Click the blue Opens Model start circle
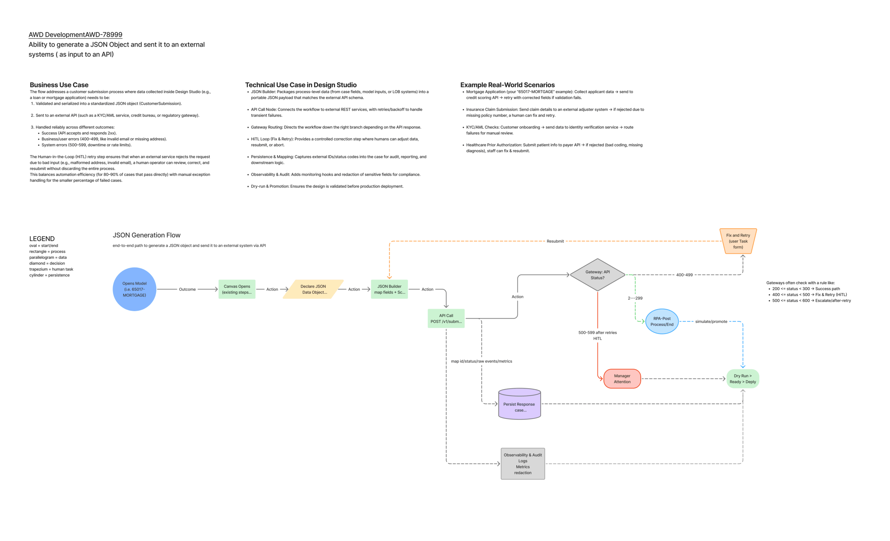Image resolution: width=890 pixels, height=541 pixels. (134, 289)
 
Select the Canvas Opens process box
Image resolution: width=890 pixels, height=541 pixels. (237, 289)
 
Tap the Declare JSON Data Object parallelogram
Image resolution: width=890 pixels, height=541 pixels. (313, 289)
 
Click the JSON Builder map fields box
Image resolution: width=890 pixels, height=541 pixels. (389, 289)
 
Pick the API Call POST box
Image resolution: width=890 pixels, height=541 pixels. (446, 318)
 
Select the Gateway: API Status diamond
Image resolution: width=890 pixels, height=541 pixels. (597, 275)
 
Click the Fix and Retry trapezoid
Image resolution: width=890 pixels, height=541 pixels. (738, 241)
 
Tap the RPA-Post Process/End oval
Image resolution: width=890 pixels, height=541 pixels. (662, 321)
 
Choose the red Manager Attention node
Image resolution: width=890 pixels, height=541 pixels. (622, 379)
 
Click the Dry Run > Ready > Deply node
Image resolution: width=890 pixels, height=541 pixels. (742, 379)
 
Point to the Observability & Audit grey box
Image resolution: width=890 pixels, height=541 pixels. (522, 464)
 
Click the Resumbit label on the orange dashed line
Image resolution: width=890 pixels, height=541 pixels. (555, 241)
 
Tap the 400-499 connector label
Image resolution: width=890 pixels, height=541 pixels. (684, 275)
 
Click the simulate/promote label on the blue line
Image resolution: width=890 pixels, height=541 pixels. (711, 321)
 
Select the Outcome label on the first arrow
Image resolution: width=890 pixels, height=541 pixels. (187, 289)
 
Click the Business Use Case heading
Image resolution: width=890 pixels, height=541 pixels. (59, 85)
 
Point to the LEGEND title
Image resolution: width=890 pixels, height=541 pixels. (42, 239)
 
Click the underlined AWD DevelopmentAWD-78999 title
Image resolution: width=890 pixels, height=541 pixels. (75, 35)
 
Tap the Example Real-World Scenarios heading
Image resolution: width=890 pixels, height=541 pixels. (507, 85)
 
